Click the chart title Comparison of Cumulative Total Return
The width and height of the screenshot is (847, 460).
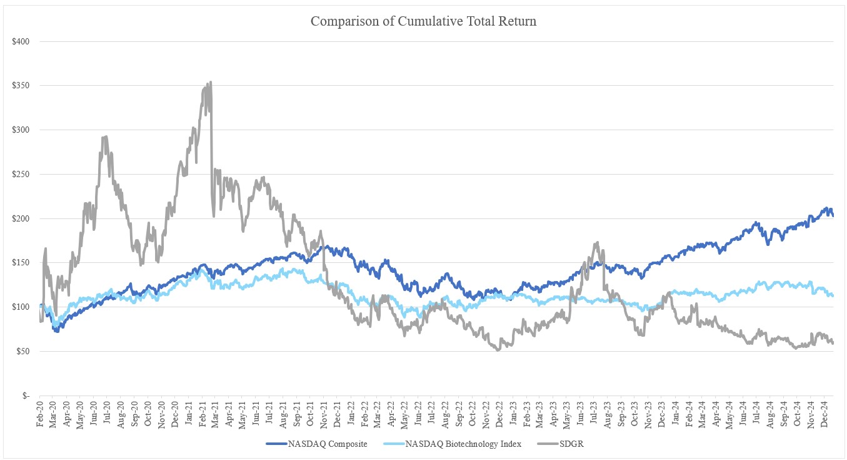point(423,21)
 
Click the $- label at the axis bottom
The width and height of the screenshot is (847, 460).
point(26,396)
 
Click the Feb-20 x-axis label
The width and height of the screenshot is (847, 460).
point(41,414)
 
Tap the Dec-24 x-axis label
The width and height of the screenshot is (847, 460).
point(825,414)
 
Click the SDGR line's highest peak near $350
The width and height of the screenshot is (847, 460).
point(211,82)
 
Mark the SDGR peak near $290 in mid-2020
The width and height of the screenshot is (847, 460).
point(106,136)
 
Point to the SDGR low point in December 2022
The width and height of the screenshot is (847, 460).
point(498,349)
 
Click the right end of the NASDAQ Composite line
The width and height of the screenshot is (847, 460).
point(833,215)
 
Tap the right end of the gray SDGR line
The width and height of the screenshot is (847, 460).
point(833,342)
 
